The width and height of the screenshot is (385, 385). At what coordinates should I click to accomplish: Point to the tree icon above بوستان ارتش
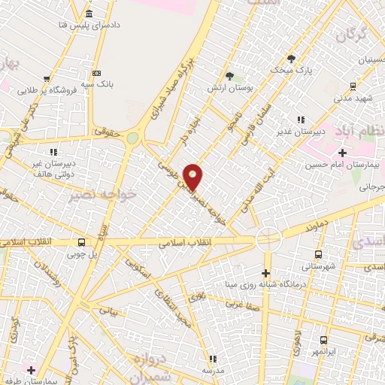[x=229, y=75]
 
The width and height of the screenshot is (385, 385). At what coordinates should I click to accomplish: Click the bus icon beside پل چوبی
[x=80, y=241]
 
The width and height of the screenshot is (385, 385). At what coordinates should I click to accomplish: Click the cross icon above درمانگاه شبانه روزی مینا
[x=265, y=272]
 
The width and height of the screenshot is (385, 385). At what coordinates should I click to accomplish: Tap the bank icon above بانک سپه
[x=96, y=72]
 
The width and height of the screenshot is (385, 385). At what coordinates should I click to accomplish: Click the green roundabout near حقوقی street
[x=133, y=138]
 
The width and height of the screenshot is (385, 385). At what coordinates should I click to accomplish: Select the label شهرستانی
[x=319, y=265]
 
